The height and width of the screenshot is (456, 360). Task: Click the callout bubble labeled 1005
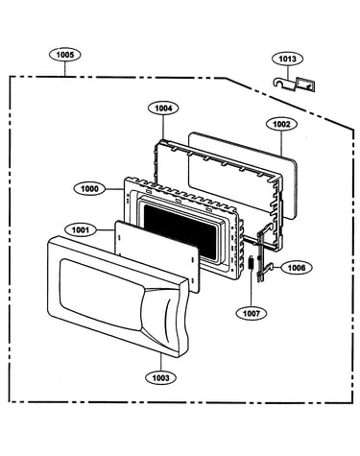(65, 55)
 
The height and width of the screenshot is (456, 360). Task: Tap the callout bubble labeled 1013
(287, 59)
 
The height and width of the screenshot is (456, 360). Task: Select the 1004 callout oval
(163, 108)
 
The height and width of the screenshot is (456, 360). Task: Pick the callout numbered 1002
(281, 124)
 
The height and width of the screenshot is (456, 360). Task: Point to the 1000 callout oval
(89, 189)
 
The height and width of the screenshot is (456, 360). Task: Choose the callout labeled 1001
(81, 229)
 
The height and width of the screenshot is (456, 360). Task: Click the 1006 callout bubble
(297, 268)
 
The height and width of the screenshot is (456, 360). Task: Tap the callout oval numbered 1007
(252, 313)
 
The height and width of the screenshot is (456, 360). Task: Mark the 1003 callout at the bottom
(160, 378)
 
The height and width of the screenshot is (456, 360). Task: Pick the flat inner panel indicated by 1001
(156, 255)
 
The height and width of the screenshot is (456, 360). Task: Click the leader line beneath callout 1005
(65, 69)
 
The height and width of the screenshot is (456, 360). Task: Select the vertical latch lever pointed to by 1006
(263, 252)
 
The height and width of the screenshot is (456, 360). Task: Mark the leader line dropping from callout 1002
(281, 144)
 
